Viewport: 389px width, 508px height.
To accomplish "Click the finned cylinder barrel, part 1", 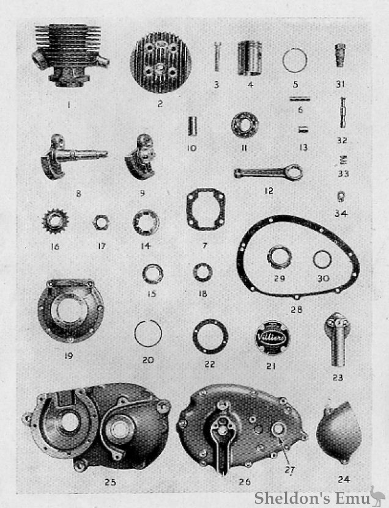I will point(68,56).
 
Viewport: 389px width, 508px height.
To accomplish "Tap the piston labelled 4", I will point(250,59).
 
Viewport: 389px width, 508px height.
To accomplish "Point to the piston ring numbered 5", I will point(294,60).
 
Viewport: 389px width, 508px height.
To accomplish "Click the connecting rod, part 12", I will point(269,173).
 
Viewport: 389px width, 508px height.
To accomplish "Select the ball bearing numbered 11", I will point(245,125).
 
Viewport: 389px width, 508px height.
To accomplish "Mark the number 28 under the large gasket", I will point(297,310).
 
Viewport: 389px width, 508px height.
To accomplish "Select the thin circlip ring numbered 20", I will point(148,333).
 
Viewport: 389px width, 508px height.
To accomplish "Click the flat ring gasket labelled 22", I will point(210,335).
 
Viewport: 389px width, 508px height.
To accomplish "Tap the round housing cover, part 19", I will point(70,310).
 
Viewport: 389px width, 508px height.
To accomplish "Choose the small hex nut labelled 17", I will point(101,222).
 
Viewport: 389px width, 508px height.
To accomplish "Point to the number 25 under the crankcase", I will point(110,482).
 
